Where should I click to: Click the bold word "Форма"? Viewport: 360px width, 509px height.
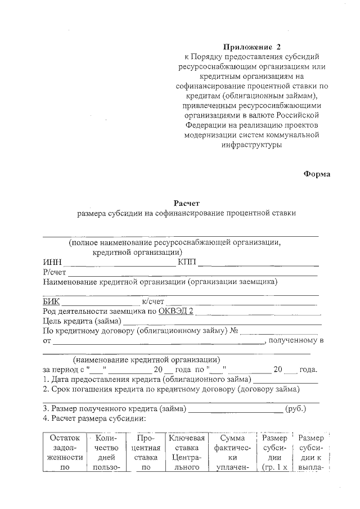click(x=317, y=174)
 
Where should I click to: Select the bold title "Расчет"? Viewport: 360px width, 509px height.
click(x=186, y=203)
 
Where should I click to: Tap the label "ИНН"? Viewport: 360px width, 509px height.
click(x=52, y=263)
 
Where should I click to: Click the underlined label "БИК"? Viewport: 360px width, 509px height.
click(x=51, y=302)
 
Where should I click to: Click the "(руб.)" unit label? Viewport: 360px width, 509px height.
click(x=296, y=409)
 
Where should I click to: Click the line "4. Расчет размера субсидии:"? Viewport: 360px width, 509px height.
click(x=94, y=418)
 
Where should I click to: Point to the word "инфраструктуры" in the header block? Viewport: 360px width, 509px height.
click(x=251, y=145)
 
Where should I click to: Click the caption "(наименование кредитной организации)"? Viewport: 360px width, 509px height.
click(x=146, y=360)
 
